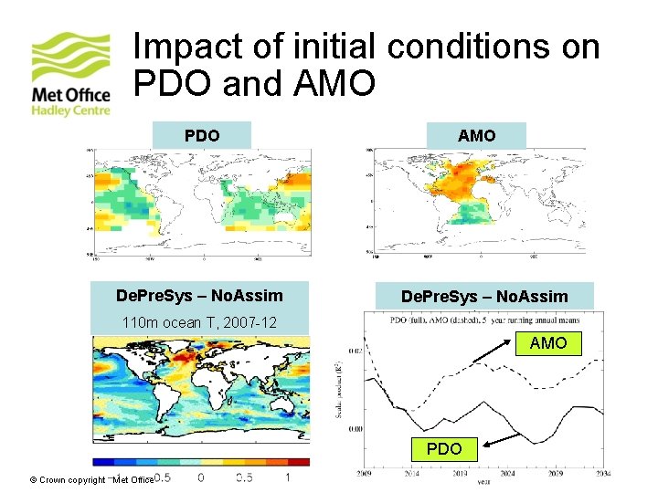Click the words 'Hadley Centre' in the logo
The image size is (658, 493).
(x=70, y=110)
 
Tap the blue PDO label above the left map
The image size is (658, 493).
(x=202, y=135)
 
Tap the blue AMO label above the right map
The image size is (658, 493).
(x=476, y=135)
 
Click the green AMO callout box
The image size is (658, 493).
(x=548, y=343)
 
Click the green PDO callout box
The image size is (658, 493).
(x=444, y=449)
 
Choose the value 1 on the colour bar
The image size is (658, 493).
(x=288, y=477)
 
